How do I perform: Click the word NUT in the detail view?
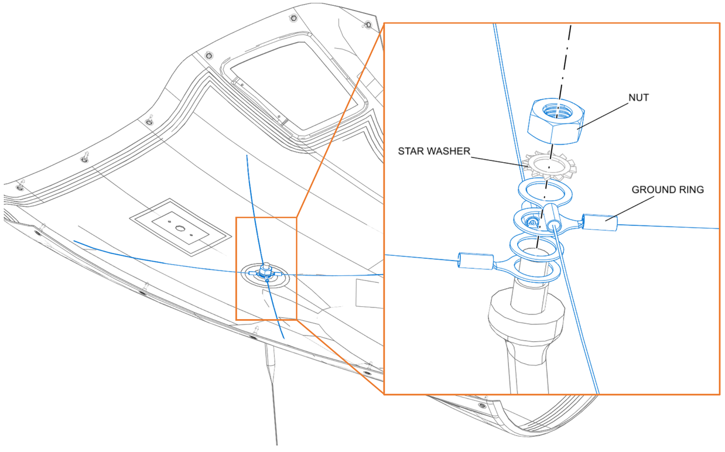(638, 98)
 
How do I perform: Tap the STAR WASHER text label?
(434, 151)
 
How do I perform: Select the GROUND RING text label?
(668, 190)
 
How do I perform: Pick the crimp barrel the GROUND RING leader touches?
(601, 224)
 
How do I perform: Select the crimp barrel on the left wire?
(475, 261)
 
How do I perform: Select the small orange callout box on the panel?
(266, 268)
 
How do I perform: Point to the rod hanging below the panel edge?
(272, 392)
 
